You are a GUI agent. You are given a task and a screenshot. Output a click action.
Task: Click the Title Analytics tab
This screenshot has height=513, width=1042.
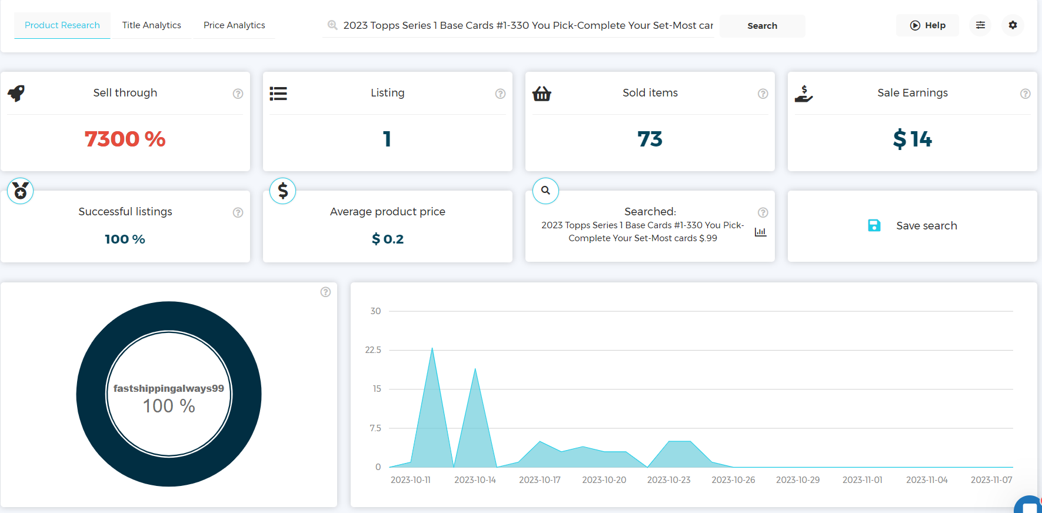(151, 25)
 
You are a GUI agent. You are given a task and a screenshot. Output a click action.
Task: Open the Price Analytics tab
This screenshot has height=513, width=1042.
(234, 25)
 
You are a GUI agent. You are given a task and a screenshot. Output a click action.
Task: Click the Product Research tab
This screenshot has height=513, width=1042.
(62, 25)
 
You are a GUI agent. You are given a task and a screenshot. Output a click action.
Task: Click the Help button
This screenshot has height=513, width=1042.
(927, 25)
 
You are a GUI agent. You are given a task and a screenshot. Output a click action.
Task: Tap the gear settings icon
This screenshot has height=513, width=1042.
(1013, 25)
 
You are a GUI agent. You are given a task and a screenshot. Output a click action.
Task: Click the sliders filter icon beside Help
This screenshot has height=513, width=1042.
(980, 25)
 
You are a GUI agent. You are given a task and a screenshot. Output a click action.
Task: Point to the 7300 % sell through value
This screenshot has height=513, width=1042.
(125, 139)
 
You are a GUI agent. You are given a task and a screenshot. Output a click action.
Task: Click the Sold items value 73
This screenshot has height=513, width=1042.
(650, 139)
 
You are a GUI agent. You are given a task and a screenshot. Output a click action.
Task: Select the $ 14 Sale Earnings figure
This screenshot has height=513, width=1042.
(912, 139)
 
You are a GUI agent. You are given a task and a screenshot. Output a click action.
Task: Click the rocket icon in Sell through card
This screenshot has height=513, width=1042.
(16, 93)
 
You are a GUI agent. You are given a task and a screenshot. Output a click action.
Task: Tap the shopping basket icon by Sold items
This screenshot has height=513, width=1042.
(541, 94)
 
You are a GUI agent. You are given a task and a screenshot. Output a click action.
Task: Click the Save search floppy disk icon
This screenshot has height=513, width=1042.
(874, 225)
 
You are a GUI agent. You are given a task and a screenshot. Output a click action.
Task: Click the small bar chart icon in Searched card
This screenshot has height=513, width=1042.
(760, 232)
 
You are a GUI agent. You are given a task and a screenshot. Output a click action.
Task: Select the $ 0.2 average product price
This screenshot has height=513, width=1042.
(388, 239)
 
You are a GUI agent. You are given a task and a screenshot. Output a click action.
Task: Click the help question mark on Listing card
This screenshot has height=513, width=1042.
(500, 94)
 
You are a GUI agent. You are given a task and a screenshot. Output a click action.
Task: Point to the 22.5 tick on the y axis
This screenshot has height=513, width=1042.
(373, 350)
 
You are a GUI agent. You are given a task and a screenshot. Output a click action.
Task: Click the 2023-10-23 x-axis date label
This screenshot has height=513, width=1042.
(668, 480)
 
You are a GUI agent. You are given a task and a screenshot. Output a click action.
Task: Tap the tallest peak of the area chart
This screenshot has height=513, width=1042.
(432, 349)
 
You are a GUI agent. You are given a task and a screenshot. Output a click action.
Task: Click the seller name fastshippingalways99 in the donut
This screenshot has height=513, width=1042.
(168, 388)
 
